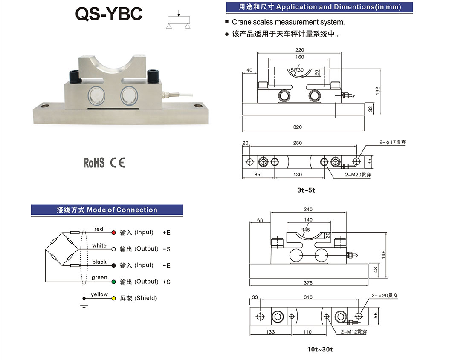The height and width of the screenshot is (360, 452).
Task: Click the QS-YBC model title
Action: [109, 14]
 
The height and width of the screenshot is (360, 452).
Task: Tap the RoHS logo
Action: [93, 162]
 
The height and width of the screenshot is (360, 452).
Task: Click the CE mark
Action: [117, 162]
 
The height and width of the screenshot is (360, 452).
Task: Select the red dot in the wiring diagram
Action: [113, 233]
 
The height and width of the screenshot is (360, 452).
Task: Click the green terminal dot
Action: [113, 282]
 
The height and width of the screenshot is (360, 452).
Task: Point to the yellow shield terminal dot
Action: [113, 298]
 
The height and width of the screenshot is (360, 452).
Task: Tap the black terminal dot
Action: [113, 265]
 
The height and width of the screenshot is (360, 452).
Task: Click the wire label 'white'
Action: [99, 245]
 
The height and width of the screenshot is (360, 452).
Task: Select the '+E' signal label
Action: [166, 233]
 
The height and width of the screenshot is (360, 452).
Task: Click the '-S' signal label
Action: [166, 249]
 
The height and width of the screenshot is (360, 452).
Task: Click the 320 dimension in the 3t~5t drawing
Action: [298, 127]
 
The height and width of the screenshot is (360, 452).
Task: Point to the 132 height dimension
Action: [378, 91]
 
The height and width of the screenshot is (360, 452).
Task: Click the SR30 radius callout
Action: [297, 70]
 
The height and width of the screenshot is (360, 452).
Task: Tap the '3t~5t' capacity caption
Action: [306, 190]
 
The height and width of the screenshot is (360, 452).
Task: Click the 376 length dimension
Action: [308, 282]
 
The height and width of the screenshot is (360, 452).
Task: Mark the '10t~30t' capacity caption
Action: [320, 350]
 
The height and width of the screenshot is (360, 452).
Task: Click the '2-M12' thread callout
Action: [353, 331]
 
